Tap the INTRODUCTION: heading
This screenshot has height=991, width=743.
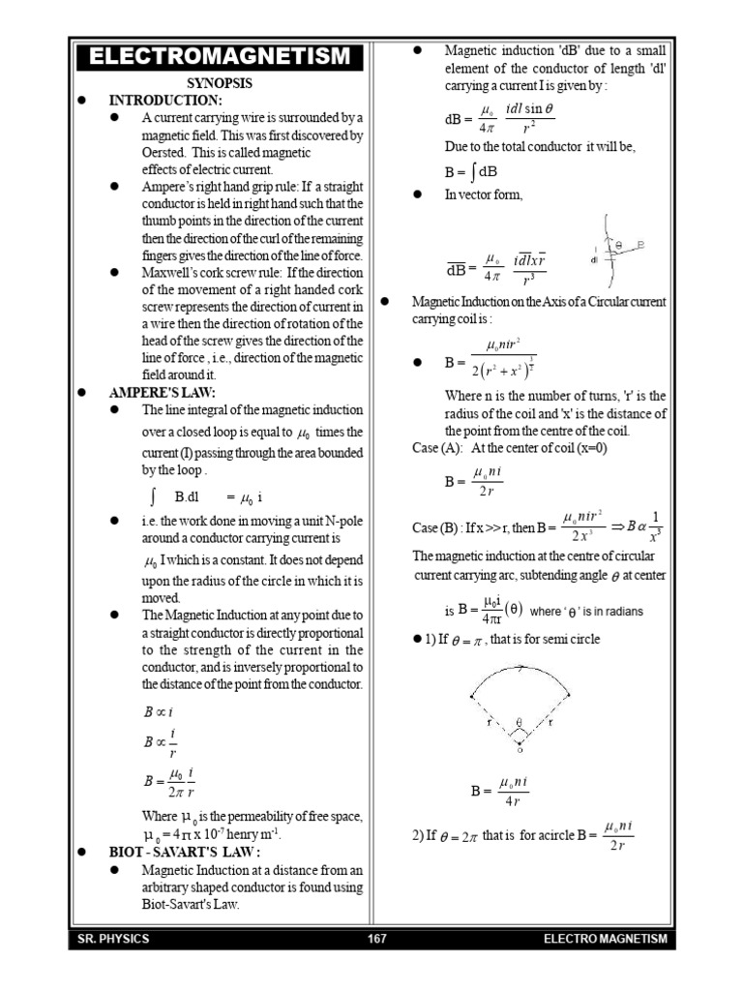coord(165,101)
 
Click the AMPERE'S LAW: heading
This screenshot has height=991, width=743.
coord(162,392)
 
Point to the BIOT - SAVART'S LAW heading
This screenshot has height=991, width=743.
coord(185,852)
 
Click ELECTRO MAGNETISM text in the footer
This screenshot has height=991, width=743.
coord(605,940)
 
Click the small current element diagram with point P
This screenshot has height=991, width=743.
coord(617,250)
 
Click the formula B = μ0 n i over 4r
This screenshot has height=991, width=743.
coord(500,791)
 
